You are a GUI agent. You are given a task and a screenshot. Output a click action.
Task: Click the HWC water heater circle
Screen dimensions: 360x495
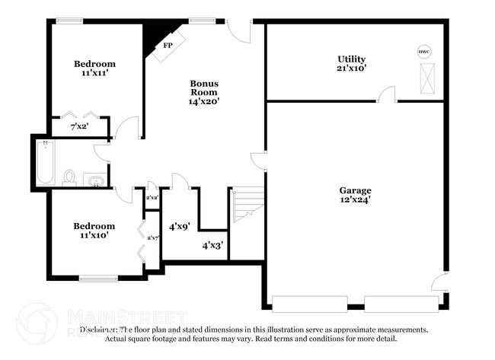424,52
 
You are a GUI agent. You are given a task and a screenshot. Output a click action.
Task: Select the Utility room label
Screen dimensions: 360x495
351,59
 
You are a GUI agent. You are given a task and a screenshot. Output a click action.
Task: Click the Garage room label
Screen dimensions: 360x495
355,190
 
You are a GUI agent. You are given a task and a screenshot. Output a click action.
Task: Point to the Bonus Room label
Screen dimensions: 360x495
204,86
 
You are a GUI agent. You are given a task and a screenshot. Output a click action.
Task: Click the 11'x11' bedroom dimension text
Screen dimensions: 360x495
94,75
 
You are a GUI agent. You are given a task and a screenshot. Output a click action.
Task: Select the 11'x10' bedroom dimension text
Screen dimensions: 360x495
94,236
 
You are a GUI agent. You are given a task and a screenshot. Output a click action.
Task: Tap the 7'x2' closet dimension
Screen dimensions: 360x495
79,126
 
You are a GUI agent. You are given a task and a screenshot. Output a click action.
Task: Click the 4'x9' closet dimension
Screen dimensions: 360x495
179,225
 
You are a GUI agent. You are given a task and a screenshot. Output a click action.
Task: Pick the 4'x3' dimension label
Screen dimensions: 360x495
212,245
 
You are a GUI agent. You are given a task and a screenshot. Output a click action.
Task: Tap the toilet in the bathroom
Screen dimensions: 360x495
69,178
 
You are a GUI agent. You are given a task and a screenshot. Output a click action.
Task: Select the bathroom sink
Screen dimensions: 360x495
96,180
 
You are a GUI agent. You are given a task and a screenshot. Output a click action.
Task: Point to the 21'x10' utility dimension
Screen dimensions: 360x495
351,68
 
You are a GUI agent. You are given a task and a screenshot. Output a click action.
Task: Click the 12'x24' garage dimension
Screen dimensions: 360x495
355,200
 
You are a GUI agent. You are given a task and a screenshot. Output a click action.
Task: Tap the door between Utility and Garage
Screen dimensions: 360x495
388,95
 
